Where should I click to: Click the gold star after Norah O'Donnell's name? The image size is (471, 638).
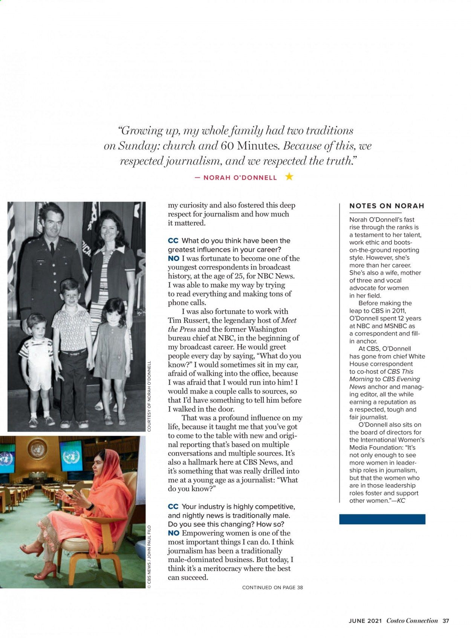pyautogui.click(x=289, y=176)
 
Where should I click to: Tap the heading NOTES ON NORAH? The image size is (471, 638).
pyautogui.click(x=387, y=206)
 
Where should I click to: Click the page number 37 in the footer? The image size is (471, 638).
pyautogui.click(x=446, y=621)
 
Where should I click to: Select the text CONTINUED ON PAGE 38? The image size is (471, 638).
pyautogui.click(x=272, y=587)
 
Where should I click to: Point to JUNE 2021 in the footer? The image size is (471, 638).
pyautogui.click(x=365, y=621)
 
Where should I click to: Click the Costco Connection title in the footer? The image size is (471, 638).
pyautogui.click(x=412, y=621)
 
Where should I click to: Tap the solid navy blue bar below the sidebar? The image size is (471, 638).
pyautogui.click(x=382, y=519)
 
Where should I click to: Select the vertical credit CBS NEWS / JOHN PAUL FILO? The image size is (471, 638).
pyautogui.click(x=149, y=557)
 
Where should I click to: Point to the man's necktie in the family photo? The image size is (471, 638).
pyautogui.click(x=52, y=249)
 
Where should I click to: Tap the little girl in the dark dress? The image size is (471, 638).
pyautogui.click(x=112, y=339)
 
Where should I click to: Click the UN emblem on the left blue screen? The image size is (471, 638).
pyautogui.click(x=6, y=458)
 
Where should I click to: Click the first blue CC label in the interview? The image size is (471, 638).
pyautogui.click(x=173, y=241)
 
